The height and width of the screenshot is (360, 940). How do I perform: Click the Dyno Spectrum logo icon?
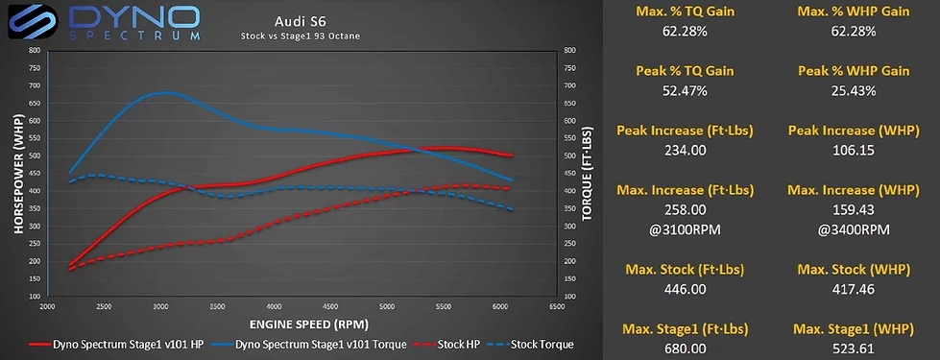(28, 22)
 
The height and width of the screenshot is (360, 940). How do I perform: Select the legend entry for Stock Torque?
(535, 344)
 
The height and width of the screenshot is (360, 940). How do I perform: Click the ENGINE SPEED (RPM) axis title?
(300, 324)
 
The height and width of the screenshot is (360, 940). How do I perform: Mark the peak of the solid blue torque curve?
(165, 93)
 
